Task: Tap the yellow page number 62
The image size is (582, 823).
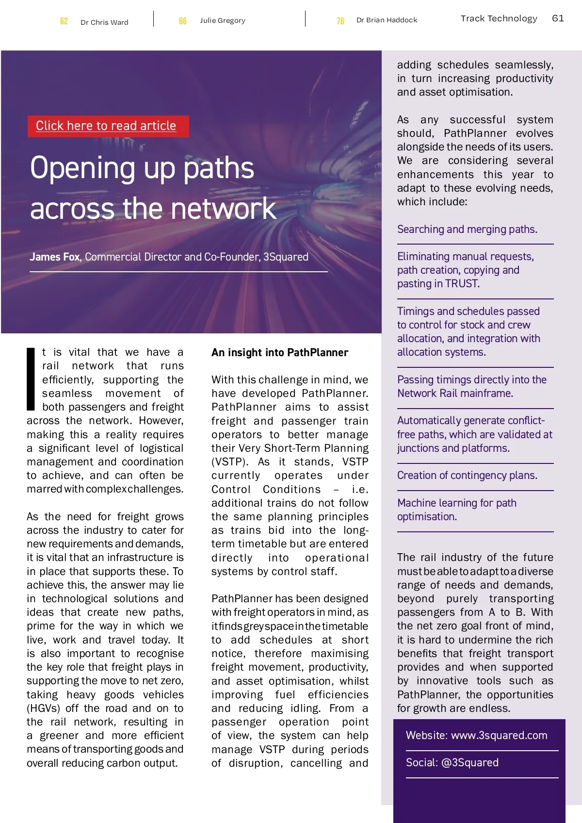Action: [64, 21]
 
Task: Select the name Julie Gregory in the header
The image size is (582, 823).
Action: [223, 20]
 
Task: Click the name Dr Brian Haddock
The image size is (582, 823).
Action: [387, 20]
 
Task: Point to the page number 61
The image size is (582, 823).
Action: [558, 18]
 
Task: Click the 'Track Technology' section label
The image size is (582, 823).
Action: [499, 18]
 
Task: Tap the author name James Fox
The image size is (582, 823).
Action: [55, 257]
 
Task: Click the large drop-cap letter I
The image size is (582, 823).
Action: [31, 379]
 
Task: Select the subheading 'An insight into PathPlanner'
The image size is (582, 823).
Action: [280, 353]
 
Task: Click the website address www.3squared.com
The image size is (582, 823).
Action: [499, 735]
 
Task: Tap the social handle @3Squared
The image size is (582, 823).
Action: [469, 762]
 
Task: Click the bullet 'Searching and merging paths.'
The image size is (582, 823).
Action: [467, 229]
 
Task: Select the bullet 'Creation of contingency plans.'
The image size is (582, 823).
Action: [467, 475]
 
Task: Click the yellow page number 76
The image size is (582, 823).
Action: [340, 21]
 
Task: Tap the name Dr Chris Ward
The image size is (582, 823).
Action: [104, 22]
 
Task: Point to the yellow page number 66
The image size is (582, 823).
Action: [183, 21]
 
